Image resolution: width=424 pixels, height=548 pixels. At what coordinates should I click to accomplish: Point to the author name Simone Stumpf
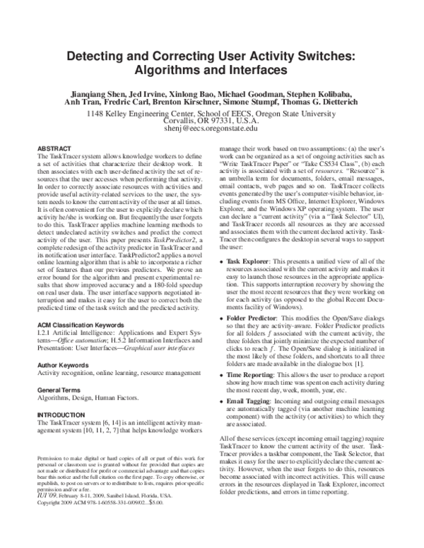click(x=238, y=101)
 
